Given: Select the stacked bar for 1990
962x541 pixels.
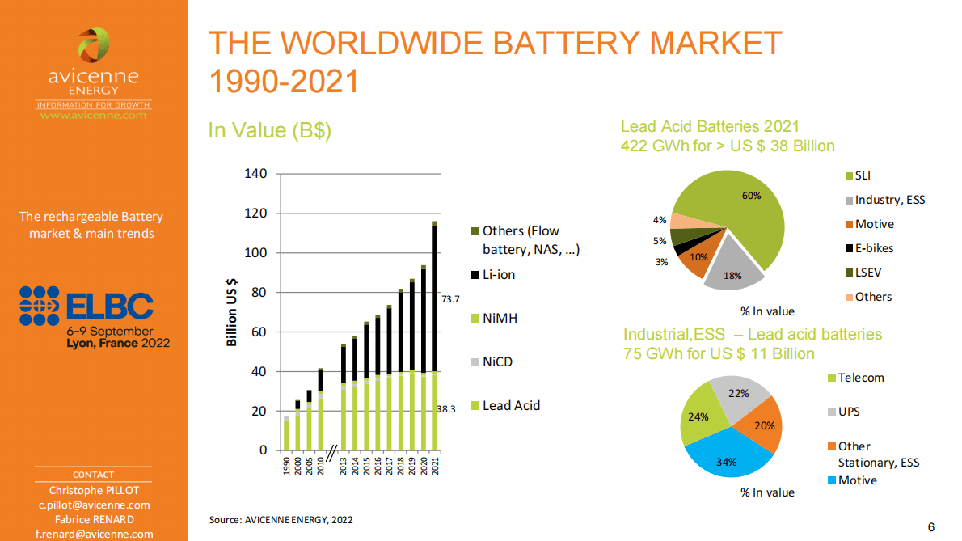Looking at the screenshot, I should pos(286,433).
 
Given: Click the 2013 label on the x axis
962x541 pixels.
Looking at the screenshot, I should pos(344,467).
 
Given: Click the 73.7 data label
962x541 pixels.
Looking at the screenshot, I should pos(450,299).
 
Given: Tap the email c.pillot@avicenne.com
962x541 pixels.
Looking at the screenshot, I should pos(94,505).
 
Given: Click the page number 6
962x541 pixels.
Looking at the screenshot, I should pos(931,527).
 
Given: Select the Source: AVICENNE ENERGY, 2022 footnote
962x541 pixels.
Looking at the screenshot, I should pos(281,520).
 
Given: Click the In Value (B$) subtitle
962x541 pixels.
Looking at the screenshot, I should pos(270,130).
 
